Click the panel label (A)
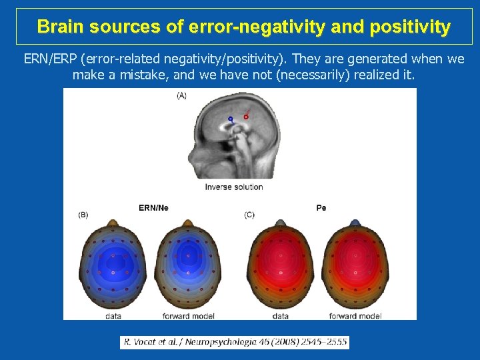[x=181, y=95]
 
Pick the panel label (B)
[x=83, y=215]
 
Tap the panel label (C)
[x=249, y=215]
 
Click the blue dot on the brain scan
[x=230, y=119]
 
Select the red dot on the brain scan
[x=246, y=117]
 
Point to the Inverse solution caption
[x=234, y=187]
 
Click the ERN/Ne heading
[x=153, y=208]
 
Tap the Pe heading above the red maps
[x=321, y=208]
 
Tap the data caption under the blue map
[x=113, y=316]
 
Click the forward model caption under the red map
[x=355, y=316]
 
